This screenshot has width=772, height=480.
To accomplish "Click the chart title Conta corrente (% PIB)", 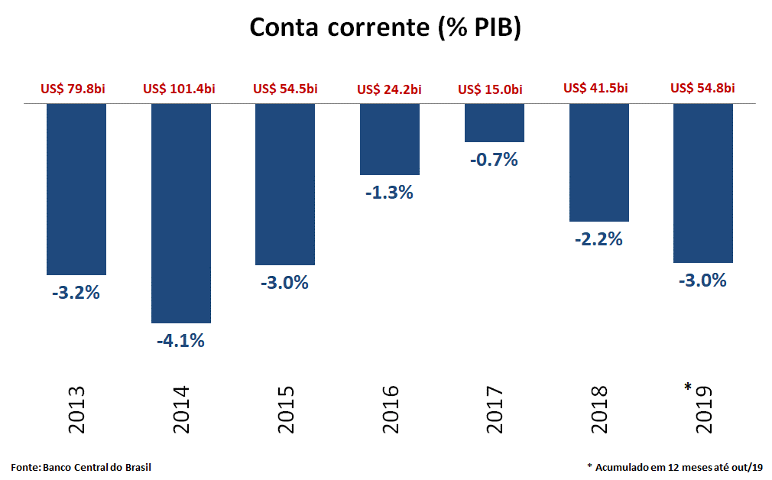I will point(385,28).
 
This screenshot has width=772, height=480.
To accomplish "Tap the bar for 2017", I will point(495,122).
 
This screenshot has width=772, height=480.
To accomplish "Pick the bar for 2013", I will point(76,188).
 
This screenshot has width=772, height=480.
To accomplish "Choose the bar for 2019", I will point(702,183).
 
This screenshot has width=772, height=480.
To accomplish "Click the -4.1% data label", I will point(181,341).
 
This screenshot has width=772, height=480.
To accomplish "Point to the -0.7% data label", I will point(495,160).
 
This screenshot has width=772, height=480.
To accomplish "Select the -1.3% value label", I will point(389,193).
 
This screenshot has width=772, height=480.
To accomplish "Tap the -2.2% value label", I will point(598,239).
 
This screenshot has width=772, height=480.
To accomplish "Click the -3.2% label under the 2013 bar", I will point(76,292).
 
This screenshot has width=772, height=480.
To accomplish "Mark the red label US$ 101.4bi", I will point(179,89).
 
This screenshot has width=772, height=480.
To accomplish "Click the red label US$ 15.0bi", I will point(490,89).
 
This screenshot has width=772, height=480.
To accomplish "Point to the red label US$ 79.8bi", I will point(73,89).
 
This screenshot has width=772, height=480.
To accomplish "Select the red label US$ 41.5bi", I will point(595,88).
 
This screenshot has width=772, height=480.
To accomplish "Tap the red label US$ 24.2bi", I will point(389,89).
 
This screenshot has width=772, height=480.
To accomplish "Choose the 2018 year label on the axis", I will point(599,410).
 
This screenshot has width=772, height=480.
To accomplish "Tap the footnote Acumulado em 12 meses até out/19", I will point(678,466).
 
